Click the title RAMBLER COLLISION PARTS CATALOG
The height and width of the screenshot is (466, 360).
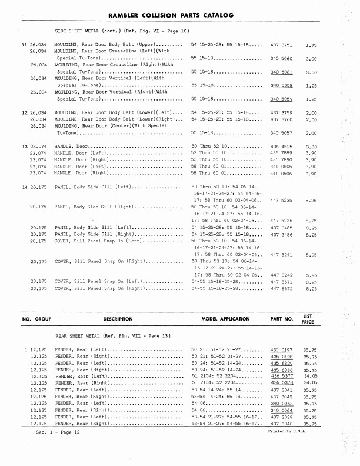point(179,14)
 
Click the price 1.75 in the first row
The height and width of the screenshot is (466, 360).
point(312,45)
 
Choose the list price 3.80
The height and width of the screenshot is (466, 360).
point(312,146)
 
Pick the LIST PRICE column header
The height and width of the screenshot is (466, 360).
point(308,319)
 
